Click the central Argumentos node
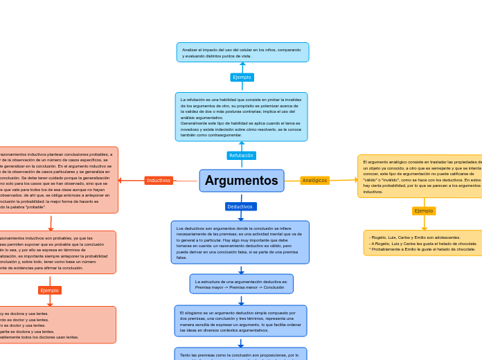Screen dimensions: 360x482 241,181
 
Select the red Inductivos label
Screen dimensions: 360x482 159,181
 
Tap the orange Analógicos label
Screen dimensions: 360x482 314,181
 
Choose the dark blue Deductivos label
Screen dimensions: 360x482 240,206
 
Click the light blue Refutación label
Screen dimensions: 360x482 241,156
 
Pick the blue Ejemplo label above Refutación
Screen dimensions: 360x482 242,78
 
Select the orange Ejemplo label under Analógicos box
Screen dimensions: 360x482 424,210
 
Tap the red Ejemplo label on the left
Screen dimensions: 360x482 50,290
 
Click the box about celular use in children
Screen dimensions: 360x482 242,53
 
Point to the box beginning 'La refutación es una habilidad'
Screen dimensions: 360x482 241,117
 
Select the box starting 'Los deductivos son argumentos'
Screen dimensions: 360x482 240,242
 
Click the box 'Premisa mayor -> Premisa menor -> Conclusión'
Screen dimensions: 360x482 241,284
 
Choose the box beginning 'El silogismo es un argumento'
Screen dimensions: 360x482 240,321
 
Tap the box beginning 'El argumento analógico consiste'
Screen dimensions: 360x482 420,177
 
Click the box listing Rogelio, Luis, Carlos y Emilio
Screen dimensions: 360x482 423,243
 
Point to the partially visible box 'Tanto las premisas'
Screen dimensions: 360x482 240,354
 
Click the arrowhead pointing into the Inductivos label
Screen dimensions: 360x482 120,181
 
